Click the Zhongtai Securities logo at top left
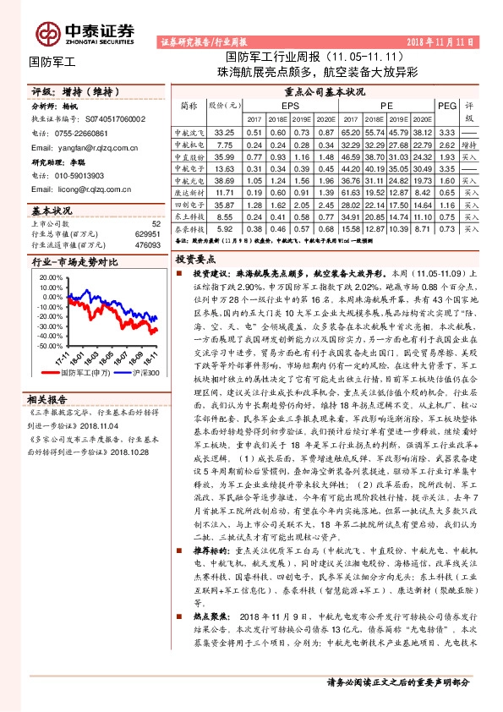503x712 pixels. coord(85,32)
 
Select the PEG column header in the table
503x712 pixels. coord(447,105)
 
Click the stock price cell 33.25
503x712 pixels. coord(224,133)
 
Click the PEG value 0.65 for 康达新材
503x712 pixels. coord(448,192)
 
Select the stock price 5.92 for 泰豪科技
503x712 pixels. coord(224,228)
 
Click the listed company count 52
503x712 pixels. coord(156,224)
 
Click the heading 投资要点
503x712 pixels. coord(197,260)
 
